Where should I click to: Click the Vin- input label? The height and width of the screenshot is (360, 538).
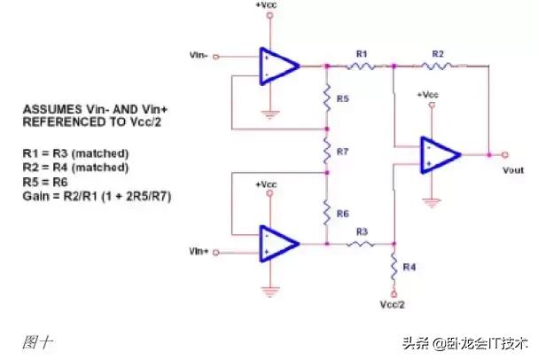(199, 55)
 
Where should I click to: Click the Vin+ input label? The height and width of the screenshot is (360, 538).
(199, 252)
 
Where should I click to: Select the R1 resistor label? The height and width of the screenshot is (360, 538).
(361, 53)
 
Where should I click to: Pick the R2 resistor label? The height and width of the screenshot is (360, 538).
(437, 53)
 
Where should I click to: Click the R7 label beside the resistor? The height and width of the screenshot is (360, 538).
(343, 152)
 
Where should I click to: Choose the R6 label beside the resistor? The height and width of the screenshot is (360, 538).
(343, 214)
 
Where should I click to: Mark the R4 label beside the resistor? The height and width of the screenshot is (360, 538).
(409, 266)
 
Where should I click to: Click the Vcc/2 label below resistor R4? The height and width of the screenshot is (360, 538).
(392, 304)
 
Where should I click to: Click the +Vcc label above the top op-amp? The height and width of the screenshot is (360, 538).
(266, 6)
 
